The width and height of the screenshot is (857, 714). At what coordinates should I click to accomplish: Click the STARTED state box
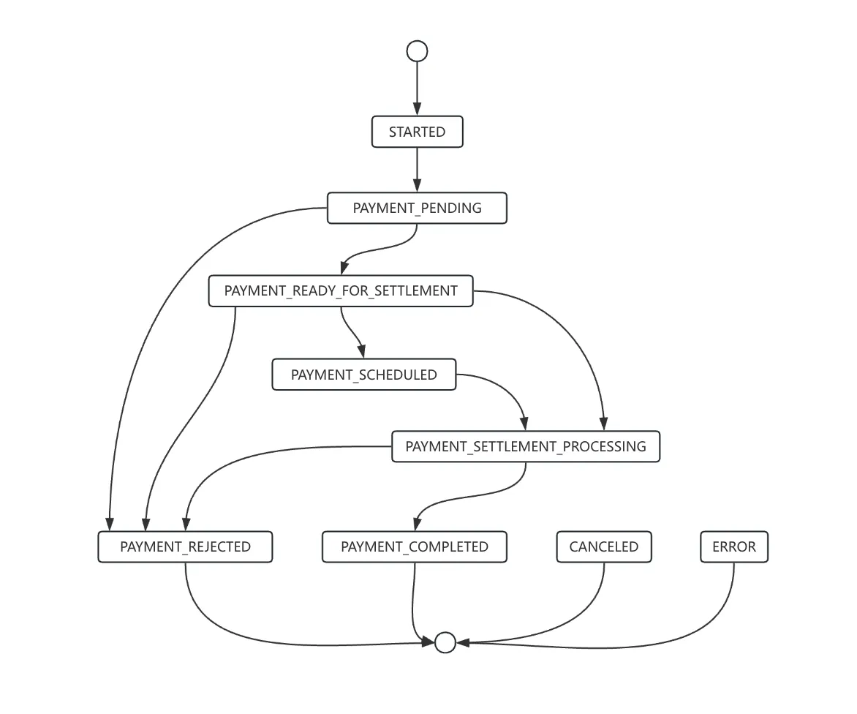pyautogui.click(x=417, y=132)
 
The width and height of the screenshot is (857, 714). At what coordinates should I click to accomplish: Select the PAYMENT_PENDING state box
pyautogui.click(x=417, y=208)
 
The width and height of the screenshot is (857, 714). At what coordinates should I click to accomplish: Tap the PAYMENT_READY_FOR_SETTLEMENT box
pyautogui.click(x=341, y=291)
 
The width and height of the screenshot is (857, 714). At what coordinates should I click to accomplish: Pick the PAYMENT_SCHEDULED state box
pyautogui.click(x=364, y=375)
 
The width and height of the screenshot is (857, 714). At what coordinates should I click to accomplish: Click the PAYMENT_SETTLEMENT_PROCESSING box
pyautogui.click(x=526, y=447)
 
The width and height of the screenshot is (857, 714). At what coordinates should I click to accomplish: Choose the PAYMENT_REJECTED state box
pyautogui.click(x=185, y=546)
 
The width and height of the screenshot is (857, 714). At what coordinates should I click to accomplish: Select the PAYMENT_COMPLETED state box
pyautogui.click(x=415, y=546)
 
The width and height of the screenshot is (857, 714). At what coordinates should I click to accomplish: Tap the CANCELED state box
pyautogui.click(x=604, y=546)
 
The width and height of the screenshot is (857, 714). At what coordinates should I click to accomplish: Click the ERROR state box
pyautogui.click(x=734, y=546)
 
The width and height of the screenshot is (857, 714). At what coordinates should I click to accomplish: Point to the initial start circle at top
pyautogui.click(x=417, y=51)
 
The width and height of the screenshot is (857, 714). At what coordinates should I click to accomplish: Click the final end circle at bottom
pyautogui.click(x=445, y=643)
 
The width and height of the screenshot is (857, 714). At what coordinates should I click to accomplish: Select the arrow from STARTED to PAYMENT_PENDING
pyautogui.click(x=417, y=170)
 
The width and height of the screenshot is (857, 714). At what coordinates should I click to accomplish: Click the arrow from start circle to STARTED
pyautogui.click(x=417, y=89)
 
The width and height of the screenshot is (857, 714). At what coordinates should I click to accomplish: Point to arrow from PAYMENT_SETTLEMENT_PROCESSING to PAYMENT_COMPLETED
pyautogui.click(x=470, y=497)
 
